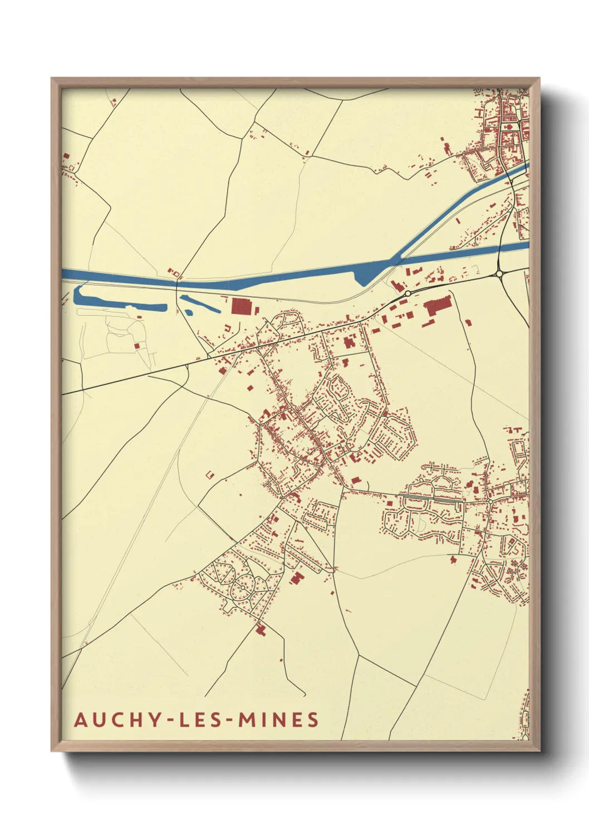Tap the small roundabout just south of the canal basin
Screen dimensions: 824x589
(408, 293)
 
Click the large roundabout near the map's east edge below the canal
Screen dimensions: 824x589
(499, 273)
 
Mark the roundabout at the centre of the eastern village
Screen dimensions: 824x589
(489, 501)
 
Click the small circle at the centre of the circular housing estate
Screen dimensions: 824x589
(243, 586)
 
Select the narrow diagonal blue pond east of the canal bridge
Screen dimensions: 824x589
(200, 304)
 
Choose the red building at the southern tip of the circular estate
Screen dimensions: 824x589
(260, 630)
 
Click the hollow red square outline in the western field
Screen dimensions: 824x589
(210, 475)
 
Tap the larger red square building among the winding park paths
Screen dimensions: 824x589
(137, 346)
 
